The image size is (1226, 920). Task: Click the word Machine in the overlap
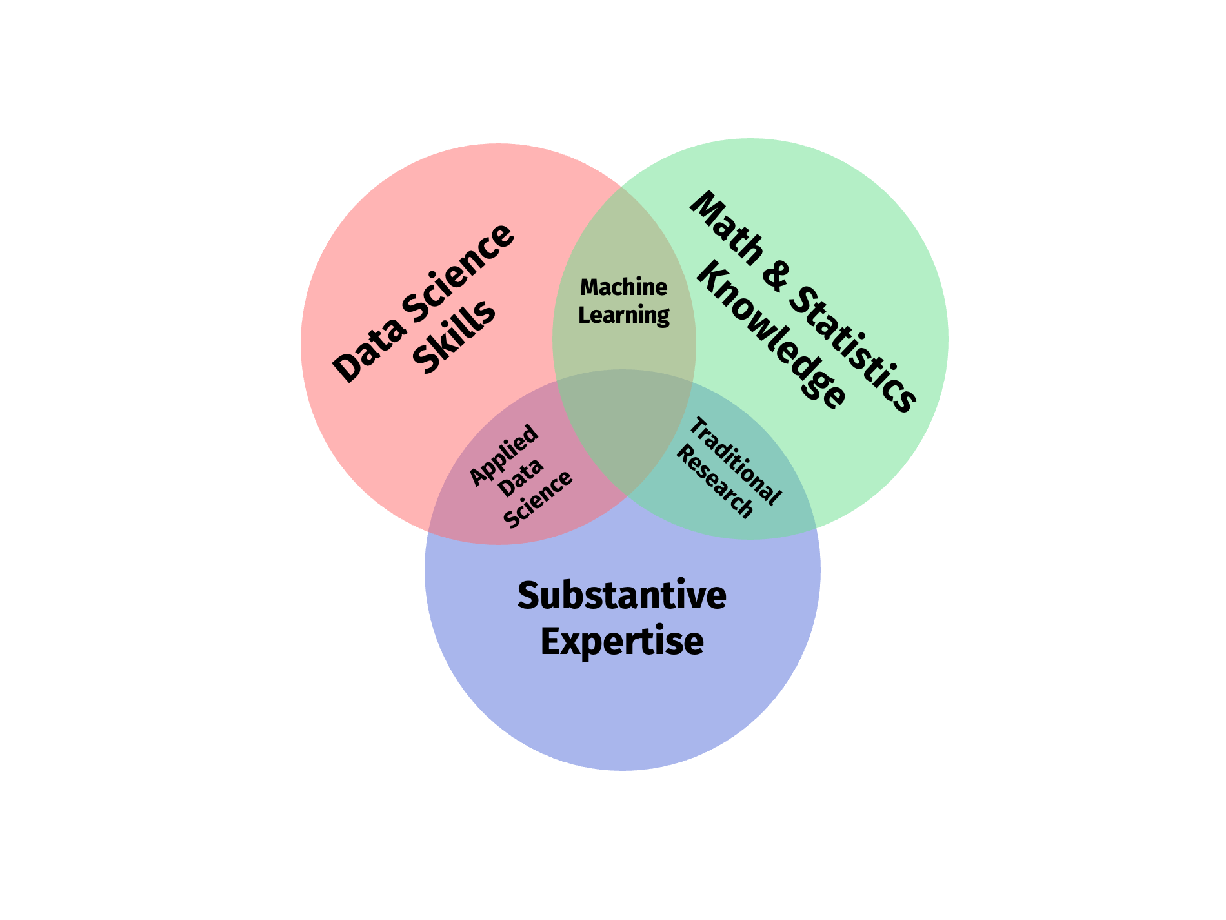click(x=623, y=287)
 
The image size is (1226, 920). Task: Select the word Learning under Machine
click(x=623, y=315)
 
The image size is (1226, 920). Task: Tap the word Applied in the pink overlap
click(x=504, y=455)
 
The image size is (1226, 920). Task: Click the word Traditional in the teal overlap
click(x=735, y=460)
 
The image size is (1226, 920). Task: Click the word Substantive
click(x=621, y=595)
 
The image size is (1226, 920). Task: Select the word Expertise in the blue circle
click(x=621, y=642)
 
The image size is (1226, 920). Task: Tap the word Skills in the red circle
click(x=454, y=338)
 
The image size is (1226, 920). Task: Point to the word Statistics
click(x=852, y=349)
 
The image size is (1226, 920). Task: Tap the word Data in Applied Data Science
click(x=521, y=478)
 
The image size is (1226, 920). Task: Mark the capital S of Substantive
click(x=528, y=595)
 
